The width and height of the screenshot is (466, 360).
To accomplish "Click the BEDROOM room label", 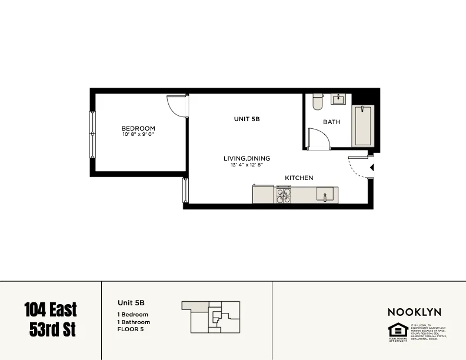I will pyautogui.click(x=138, y=129).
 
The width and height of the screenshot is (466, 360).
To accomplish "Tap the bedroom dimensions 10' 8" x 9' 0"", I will pyautogui.click(x=138, y=135).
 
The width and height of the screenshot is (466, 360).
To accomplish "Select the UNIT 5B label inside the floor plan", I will pyautogui.click(x=247, y=119).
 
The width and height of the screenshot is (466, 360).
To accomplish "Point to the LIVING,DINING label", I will pyautogui.click(x=247, y=158).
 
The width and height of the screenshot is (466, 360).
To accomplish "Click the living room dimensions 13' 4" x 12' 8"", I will pyautogui.click(x=247, y=165).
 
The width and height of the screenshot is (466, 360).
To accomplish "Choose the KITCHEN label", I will pyautogui.click(x=299, y=178).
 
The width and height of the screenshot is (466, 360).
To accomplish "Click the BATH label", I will pyautogui.click(x=331, y=122).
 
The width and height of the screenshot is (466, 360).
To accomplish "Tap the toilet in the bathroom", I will pyautogui.click(x=318, y=102).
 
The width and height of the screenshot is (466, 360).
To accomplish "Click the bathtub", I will pyautogui.click(x=362, y=126).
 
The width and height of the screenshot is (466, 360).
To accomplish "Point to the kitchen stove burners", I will pyautogui.click(x=284, y=195).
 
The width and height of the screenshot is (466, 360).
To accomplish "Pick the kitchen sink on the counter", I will pyautogui.click(x=325, y=194).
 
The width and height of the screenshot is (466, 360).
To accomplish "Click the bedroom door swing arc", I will pyautogui.click(x=176, y=106).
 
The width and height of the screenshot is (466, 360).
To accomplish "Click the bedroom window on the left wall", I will pyautogui.click(x=92, y=134).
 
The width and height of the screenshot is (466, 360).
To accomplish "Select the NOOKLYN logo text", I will pyautogui.click(x=414, y=312).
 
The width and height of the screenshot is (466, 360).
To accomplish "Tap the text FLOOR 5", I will pyautogui.click(x=130, y=329).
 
